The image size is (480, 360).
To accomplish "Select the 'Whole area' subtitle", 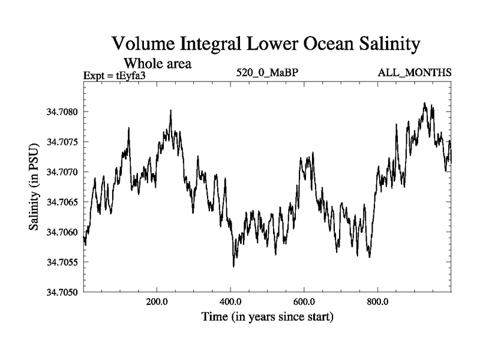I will tap(157, 63).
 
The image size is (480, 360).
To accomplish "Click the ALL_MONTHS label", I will tap(414, 73).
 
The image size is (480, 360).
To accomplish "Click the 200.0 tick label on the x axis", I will tap(157, 302).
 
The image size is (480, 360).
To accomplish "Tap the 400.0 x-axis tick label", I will tap(230, 302).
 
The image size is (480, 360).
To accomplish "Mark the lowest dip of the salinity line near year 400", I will tap(233, 266).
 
